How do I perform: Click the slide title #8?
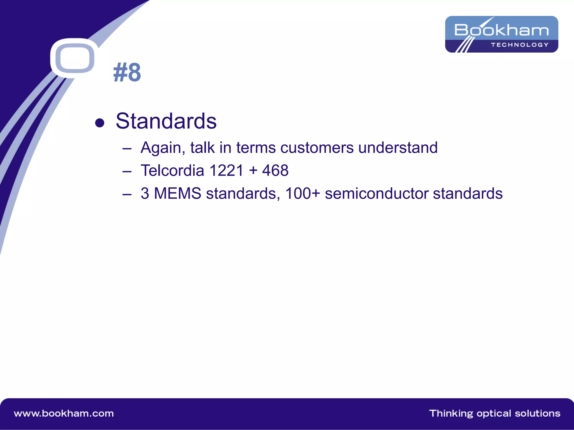pos(127,73)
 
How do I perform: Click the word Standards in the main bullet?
pos(166,121)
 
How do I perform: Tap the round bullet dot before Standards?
pos(99,123)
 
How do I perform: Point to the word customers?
pos(317,148)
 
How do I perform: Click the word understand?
pos(398,148)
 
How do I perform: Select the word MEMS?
pos(178,193)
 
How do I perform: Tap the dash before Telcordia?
pos(127,171)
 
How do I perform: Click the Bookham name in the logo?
pos(501,30)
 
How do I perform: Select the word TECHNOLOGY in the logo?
pos(520,45)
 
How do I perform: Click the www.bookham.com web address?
pos(64,413)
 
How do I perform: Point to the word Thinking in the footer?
pos(451,413)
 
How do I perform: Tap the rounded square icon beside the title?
pos(75,58)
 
